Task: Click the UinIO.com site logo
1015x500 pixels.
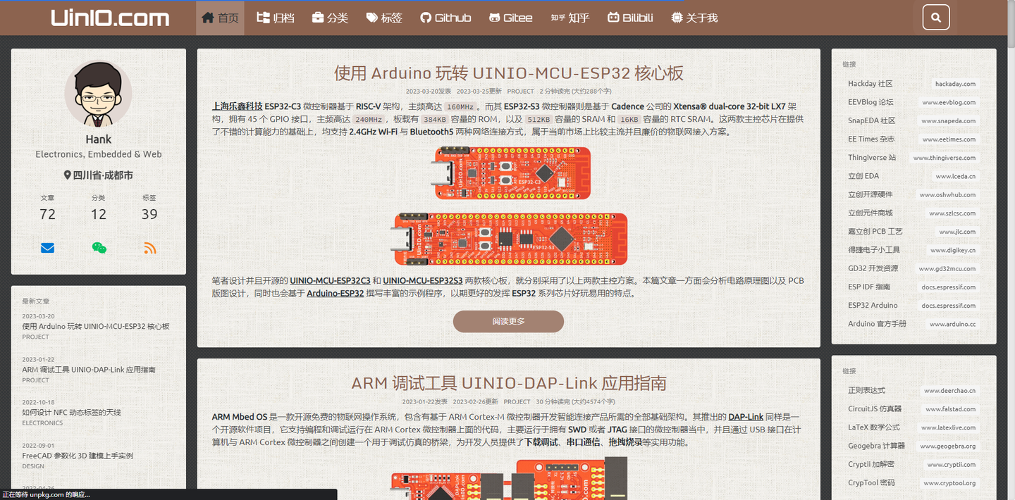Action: (110, 18)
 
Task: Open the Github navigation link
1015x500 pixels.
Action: (445, 18)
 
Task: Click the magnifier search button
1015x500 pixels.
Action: (935, 18)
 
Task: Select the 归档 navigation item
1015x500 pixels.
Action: (276, 18)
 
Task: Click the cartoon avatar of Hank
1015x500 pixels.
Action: (98, 94)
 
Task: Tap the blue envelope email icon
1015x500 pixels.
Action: (47, 248)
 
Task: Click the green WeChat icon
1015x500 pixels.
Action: (99, 248)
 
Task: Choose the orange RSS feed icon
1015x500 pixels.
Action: (149, 248)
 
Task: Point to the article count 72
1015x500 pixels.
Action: (47, 214)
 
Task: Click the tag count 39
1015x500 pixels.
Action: (149, 214)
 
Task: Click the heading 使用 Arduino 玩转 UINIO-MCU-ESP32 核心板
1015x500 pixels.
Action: (508, 73)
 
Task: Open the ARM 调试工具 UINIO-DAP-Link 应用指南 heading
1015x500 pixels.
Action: (508, 383)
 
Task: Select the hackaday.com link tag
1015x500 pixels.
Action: (955, 84)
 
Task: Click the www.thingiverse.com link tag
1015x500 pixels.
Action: (944, 158)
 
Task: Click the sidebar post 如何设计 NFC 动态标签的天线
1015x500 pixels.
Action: (71, 413)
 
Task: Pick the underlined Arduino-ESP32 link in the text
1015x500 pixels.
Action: (335, 294)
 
